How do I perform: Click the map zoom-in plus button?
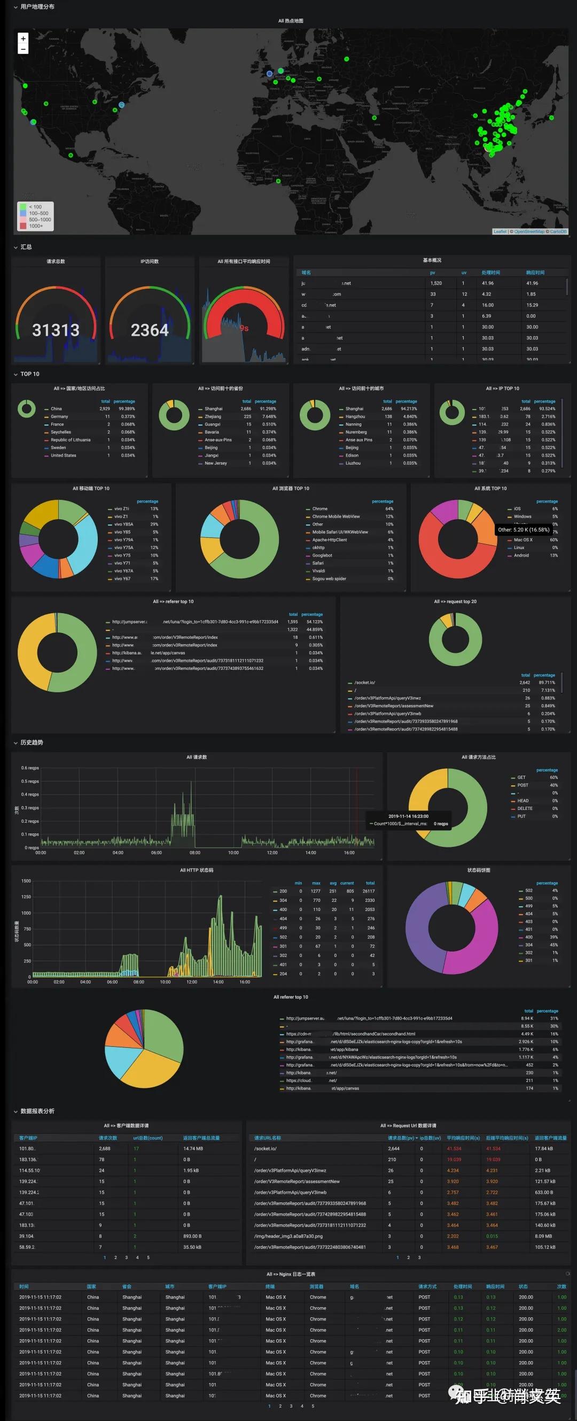[23, 38]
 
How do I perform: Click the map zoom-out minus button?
[23, 49]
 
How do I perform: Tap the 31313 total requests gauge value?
[56, 330]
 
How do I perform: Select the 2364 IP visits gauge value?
[150, 330]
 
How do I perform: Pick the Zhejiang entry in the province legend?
[213, 416]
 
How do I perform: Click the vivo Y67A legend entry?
[123, 571]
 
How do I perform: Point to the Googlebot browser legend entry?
[322, 555]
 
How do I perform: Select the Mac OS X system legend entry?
[523, 540]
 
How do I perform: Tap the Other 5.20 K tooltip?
[524, 530]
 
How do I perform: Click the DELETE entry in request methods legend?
[525, 808]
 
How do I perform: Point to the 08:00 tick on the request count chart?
[195, 853]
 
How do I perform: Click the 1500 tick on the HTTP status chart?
[26, 881]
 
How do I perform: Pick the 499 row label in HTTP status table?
[283, 928]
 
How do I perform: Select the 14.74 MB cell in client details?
[193, 1148]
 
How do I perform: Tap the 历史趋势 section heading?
[32, 743]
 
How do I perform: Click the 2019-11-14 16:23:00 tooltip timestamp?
[408, 816]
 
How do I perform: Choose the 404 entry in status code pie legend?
[528, 914]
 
